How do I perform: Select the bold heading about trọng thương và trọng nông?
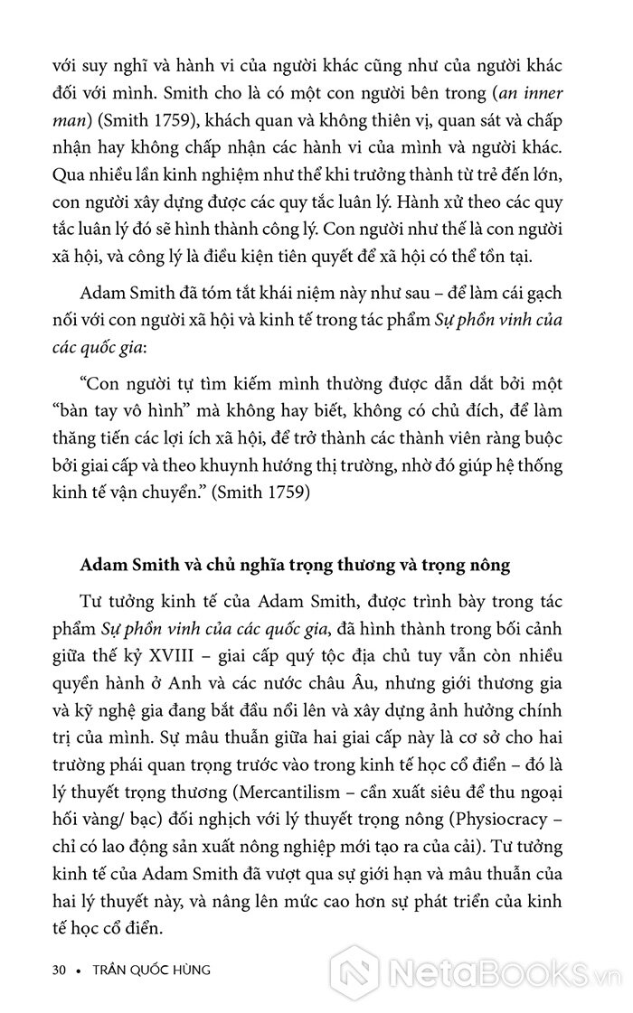pos(295,566)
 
